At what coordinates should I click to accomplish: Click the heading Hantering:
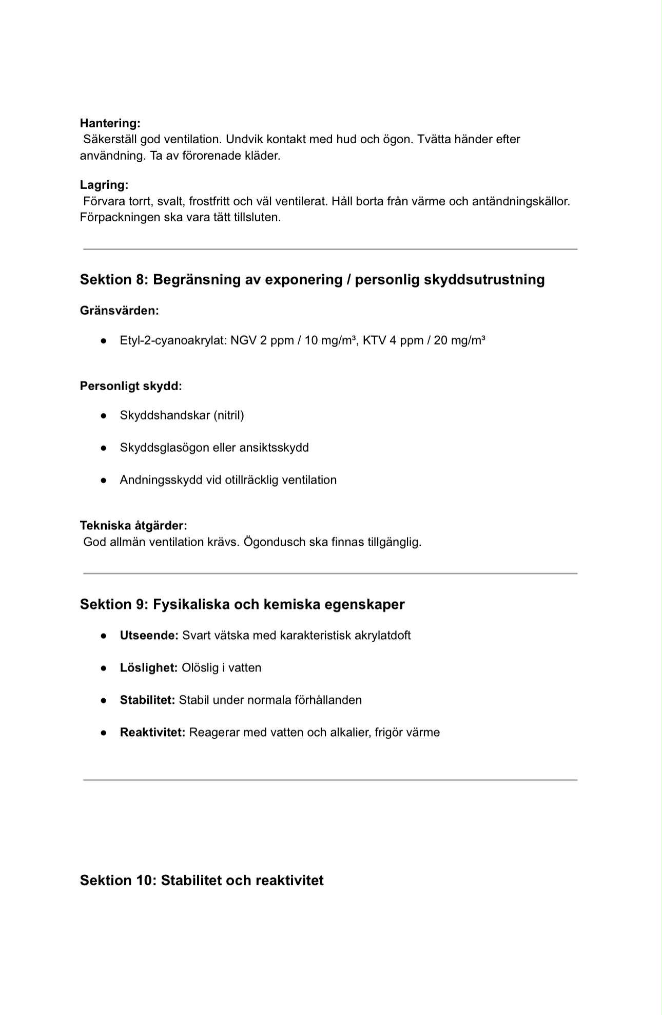click(110, 123)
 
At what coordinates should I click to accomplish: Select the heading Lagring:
click(104, 185)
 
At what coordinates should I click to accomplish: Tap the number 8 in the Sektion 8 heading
click(141, 280)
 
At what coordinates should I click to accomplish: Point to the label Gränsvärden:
click(119, 311)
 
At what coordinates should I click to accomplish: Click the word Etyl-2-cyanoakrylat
click(173, 340)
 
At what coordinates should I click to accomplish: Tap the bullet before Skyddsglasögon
click(104, 448)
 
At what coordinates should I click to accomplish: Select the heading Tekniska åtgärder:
click(133, 526)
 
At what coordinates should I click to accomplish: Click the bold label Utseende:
click(149, 636)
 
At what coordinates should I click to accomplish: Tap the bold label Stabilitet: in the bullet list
click(147, 700)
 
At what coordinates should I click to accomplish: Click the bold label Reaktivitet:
click(152, 733)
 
